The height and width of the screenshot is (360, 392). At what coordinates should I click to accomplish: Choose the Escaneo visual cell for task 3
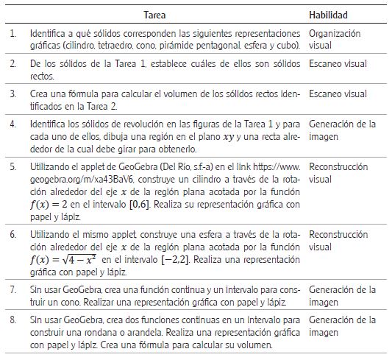338,94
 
